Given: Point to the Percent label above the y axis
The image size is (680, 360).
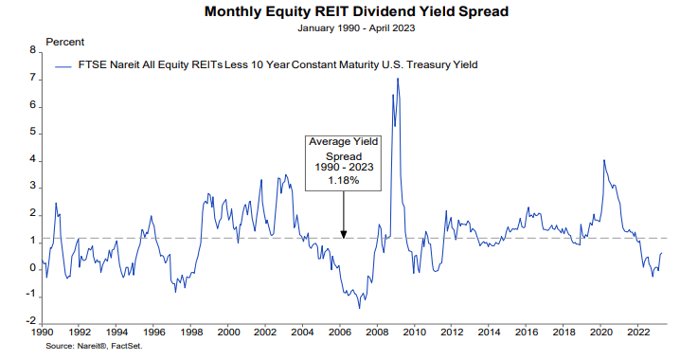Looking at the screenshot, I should point(64,43).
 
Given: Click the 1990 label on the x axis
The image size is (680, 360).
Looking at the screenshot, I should point(42,333).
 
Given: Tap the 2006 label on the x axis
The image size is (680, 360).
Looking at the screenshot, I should point(338,333).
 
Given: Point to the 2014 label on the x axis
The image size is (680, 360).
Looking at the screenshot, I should point(487,333).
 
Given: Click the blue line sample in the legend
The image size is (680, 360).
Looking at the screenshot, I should point(65,65).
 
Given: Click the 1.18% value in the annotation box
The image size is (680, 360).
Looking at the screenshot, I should point(343,180).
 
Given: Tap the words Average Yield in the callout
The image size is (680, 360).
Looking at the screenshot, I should point(343,141).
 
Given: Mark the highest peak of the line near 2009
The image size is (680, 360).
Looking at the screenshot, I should point(397,78).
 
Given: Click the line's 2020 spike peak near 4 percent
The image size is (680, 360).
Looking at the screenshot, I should point(603,160).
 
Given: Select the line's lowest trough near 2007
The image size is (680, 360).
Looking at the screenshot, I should point(359,308).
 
